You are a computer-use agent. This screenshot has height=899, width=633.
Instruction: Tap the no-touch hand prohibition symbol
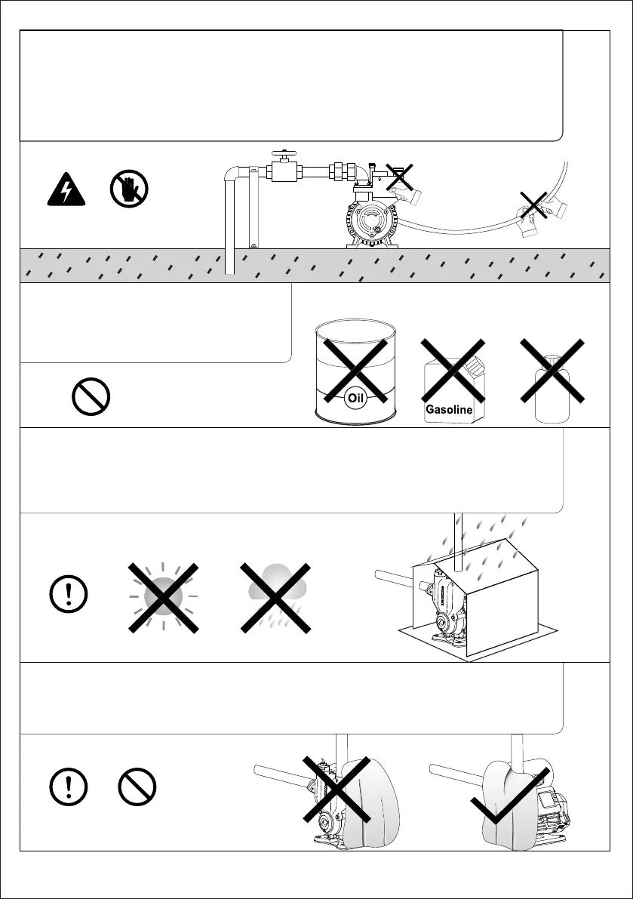(x=128, y=189)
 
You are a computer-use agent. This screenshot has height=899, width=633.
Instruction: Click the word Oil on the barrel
(x=356, y=398)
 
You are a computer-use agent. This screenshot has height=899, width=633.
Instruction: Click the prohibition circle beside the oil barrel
(x=91, y=396)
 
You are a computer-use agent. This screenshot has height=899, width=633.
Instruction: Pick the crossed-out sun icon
(x=164, y=597)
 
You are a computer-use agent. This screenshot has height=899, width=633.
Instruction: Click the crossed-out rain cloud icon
(x=275, y=596)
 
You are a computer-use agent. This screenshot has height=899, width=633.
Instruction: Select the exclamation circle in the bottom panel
(x=69, y=787)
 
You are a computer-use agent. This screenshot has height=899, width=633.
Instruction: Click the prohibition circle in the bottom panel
(x=137, y=787)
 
